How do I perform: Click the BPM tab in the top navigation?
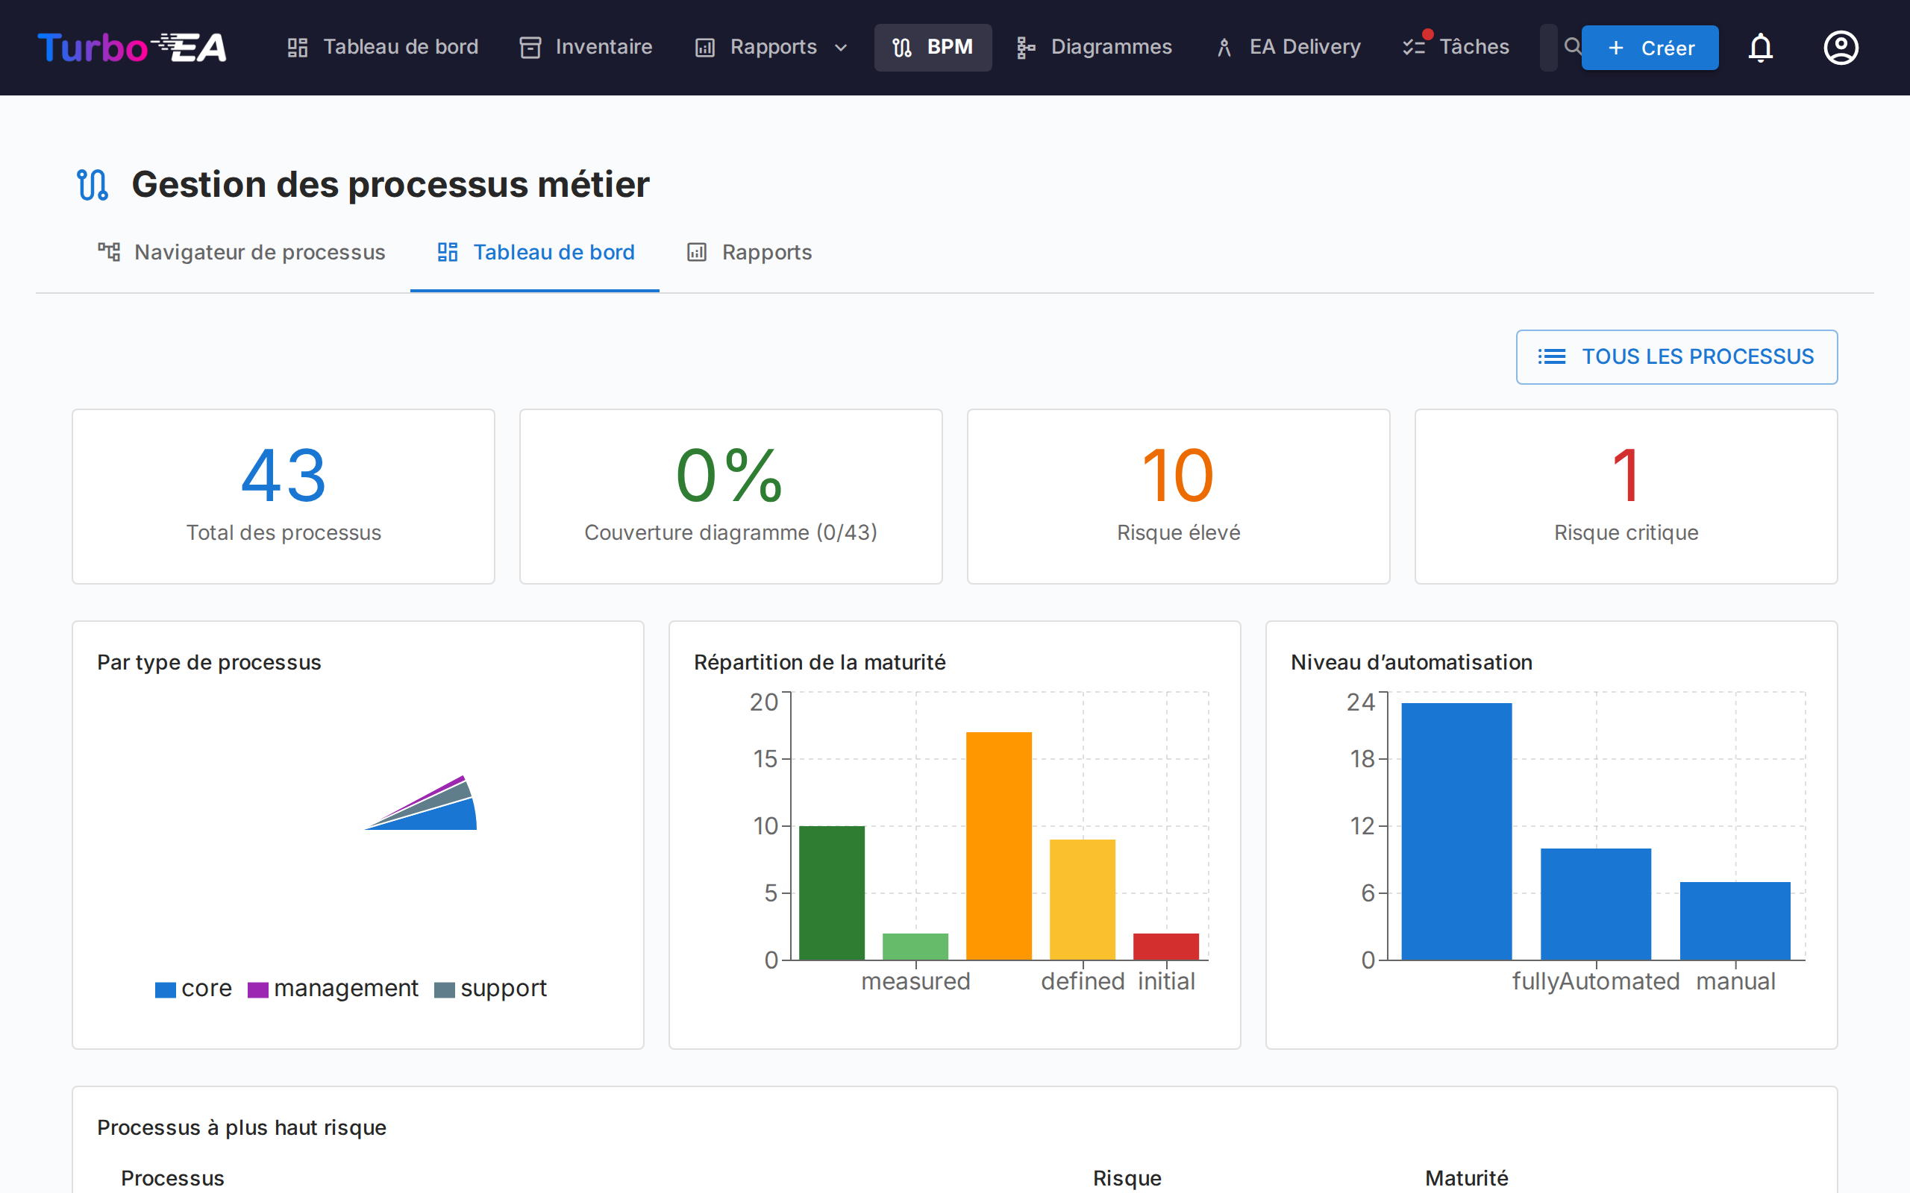[932, 47]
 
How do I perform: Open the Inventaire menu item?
[586, 47]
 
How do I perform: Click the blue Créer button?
[1650, 48]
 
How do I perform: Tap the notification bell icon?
[1760, 48]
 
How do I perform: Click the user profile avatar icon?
[1840, 48]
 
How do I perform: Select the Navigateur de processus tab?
[242, 253]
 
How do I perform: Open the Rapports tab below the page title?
[749, 253]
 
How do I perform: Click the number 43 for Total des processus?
[284, 476]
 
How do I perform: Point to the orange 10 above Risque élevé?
[1177, 476]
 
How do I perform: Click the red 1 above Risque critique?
[1626, 476]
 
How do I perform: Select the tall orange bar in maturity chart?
[998, 846]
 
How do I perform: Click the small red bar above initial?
[1165, 946]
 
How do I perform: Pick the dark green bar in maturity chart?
[831, 893]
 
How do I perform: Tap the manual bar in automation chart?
[1735, 920]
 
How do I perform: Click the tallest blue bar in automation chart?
[1456, 831]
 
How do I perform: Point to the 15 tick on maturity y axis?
[765, 759]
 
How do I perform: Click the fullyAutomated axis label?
[1595, 981]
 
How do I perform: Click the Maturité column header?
[1465, 1178]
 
